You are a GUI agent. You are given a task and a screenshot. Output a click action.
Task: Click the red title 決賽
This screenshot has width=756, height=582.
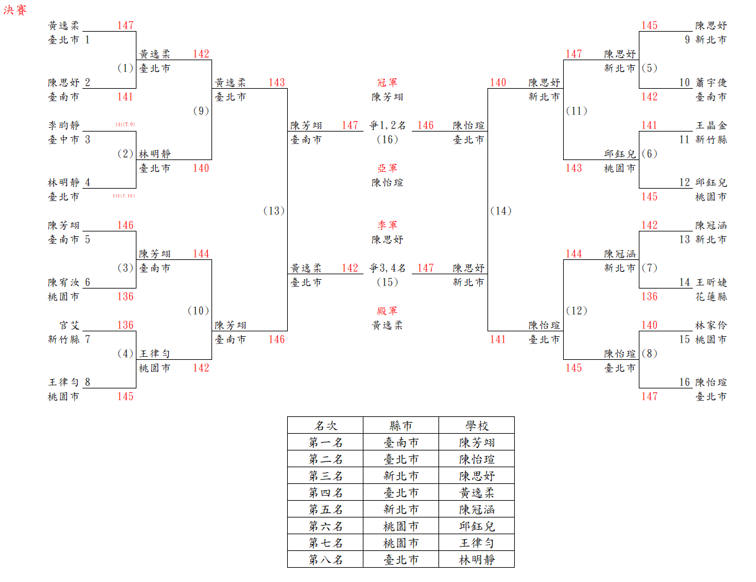coord(16,11)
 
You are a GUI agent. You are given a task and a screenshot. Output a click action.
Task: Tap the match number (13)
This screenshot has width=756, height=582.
coord(274,211)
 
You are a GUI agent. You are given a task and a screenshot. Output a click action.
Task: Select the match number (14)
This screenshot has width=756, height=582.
coord(500,211)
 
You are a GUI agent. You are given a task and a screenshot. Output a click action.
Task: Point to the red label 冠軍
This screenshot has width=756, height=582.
coord(388,83)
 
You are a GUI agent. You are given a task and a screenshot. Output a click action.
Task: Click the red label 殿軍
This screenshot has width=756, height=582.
coord(388,311)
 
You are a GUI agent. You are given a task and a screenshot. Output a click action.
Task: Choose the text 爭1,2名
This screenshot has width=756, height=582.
coord(388,125)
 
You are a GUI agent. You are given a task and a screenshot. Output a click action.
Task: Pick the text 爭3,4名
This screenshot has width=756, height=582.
coord(388,268)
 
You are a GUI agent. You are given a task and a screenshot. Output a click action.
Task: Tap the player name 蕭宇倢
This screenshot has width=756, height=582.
coord(711,83)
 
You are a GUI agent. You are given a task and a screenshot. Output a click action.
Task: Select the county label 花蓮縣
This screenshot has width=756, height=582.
coord(711,297)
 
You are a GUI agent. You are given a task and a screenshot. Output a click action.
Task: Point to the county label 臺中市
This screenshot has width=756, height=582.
coord(64,140)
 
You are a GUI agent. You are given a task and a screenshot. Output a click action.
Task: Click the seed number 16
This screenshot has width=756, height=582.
coord(684,382)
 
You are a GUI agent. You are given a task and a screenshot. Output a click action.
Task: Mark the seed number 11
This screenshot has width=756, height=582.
coord(684,140)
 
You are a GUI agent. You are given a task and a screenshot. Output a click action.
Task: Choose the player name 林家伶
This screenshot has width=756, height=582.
coord(711,325)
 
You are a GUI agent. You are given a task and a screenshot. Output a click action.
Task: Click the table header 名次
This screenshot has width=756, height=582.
coord(326,426)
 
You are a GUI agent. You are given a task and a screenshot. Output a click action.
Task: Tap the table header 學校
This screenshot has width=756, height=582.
coord(477,426)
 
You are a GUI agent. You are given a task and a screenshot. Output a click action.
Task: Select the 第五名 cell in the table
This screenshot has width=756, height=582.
coord(326,509)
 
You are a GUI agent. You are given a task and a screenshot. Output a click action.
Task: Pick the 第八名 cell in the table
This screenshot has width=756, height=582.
coord(326,560)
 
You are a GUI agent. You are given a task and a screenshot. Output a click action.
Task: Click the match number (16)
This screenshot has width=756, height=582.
coord(388,140)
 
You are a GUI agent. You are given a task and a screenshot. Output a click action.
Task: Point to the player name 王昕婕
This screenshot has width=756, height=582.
coord(711,282)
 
